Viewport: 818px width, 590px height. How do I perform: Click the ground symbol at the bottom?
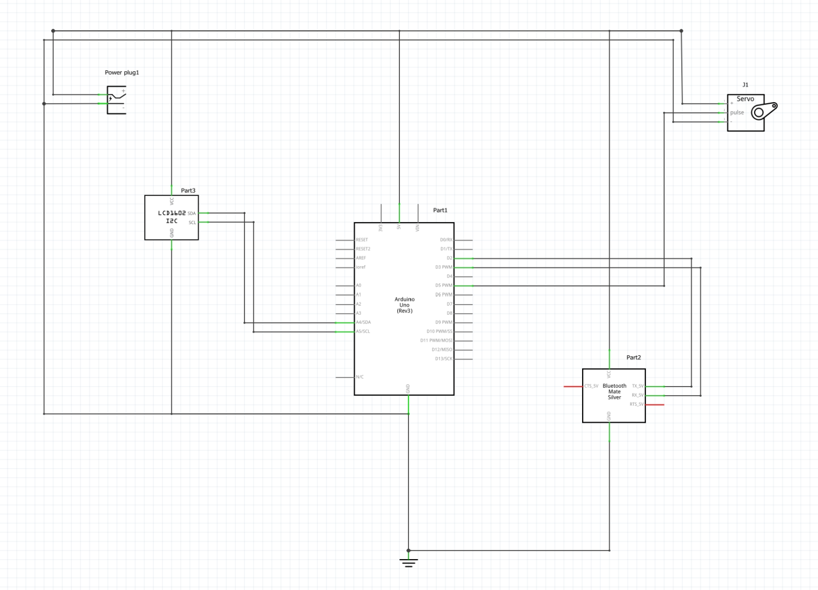[408, 562]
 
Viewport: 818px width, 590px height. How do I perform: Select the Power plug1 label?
[121, 72]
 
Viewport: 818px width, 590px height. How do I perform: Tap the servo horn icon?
[764, 111]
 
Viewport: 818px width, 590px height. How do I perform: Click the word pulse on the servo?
[737, 112]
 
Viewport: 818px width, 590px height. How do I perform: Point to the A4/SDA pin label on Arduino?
[363, 322]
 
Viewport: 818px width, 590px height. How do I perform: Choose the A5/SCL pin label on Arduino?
[363, 331]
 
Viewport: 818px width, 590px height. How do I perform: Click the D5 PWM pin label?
[443, 285]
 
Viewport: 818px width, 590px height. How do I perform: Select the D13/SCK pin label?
[443, 359]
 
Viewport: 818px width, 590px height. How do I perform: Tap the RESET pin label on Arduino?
[362, 240]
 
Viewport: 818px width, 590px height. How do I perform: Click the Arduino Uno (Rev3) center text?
[404, 305]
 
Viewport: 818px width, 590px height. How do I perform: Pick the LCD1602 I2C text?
[171, 217]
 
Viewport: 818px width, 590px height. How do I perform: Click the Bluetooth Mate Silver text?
[614, 391]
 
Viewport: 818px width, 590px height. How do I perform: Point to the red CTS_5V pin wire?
[573, 386]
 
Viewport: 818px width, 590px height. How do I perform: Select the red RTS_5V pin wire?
[655, 405]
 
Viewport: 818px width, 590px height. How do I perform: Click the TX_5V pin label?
[637, 386]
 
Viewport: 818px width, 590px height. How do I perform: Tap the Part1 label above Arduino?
[440, 210]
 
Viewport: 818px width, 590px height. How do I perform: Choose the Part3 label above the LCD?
[188, 191]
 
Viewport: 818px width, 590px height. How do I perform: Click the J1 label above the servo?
[745, 85]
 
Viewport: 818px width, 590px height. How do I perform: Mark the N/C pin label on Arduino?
[359, 377]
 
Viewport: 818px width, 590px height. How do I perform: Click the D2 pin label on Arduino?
[449, 258]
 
